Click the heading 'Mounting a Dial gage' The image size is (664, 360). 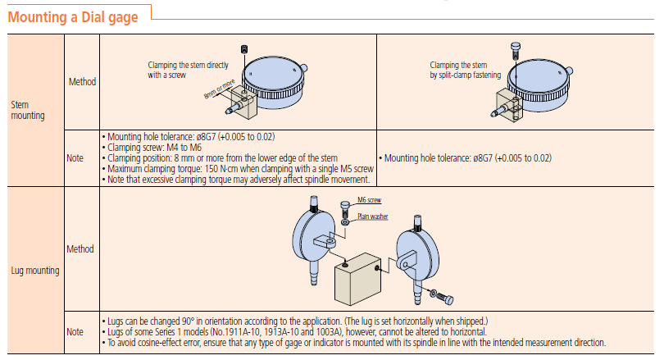[73, 16]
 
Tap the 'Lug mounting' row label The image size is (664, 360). [33, 270]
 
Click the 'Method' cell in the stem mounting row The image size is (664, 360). [82, 81]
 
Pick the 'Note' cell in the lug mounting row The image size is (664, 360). [75, 331]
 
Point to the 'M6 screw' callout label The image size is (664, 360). [369, 200]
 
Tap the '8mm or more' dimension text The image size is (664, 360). [218, 89]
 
